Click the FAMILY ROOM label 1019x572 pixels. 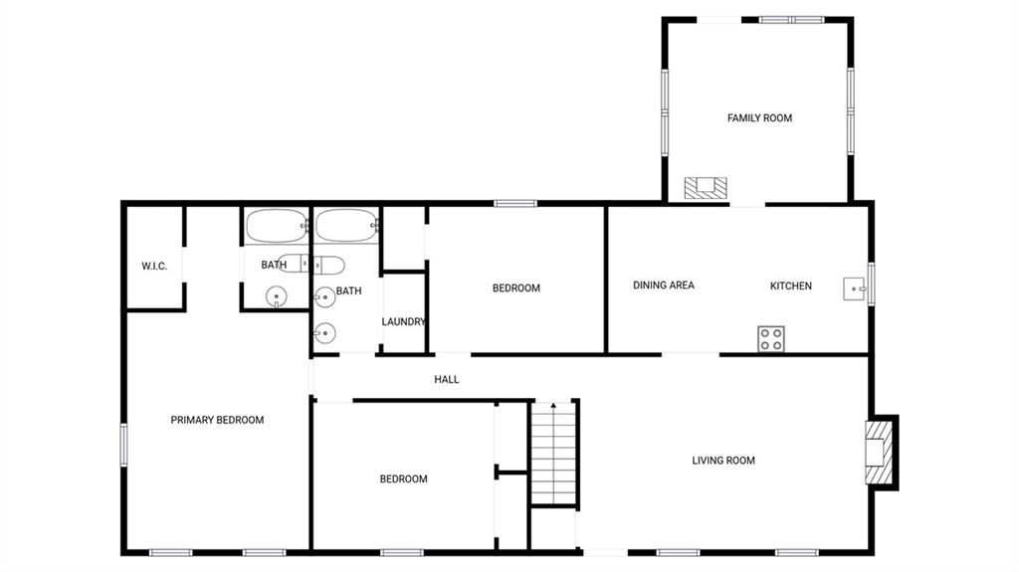click(x=759, y=118)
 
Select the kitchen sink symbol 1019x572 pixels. click(x=855, y=289)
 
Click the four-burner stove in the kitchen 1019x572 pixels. click(x=771, y=338)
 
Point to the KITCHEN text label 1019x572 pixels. click(x=791, y=286)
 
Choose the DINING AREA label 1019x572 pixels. click(x=664, y=286)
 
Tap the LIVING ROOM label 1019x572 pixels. click(x=723, y=461)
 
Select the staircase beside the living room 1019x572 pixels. click(x=553, y=454)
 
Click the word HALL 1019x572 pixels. click(x=447, y=380)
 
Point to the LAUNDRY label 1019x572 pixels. click(x=404, y=322)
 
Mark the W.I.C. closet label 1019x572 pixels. click(x=154, y=267)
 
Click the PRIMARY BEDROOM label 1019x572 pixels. click(x=217, y=421)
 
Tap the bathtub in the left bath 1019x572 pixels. click(x=277, y=226)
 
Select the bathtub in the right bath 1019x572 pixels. click(x=346, y=226)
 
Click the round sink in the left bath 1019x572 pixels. click(x=276, y=295)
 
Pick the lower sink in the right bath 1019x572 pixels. click(x=324, y=334)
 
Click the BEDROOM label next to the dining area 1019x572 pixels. click(x=516, y=288)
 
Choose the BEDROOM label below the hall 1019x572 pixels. click(x=403, y=479)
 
